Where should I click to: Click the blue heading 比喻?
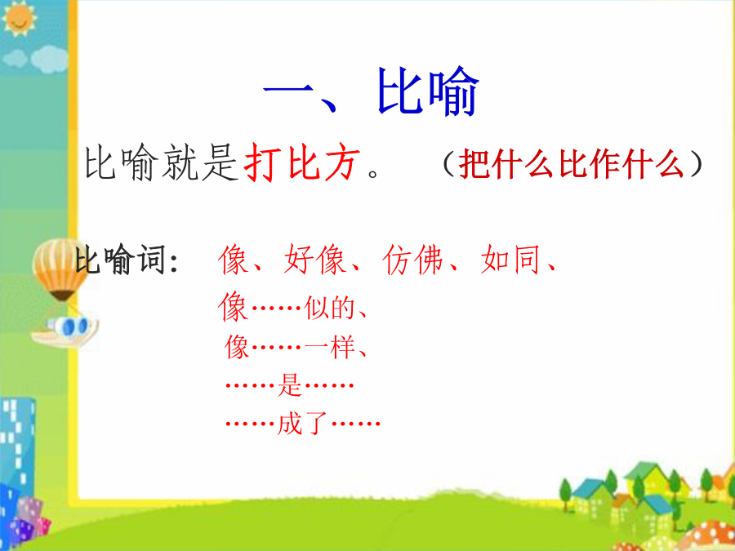pyautogui.click(x=427, y=91)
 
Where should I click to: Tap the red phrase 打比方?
pyautogui.click(x=302, y=162)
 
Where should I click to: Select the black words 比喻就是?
pyautogui.click(x=161, y=162)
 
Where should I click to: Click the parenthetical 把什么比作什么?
pyautogui.click(x=572, y=164)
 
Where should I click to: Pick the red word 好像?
pyautogui.click(x=315, y=259)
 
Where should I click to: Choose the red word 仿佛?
pyautogui.click(x=413, y=259)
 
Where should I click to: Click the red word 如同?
pyautogui.click(x=510, y=259)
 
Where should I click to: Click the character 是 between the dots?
pyautogui.click(x=290, y=385)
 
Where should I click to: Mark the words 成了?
pyautogui.click(x=303, y=424)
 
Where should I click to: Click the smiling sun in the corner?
pyautogui.click(x=19, y=18)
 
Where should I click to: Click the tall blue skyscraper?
pyautogui.click(x=16, y=450)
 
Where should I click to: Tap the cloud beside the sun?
pyautogui.click(x=36, y=60)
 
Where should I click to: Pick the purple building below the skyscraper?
pyautogui.click(x=29, y=518)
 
